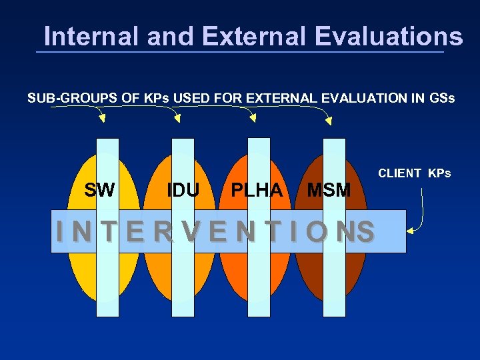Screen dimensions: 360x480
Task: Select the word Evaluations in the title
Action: (x=383, y=36)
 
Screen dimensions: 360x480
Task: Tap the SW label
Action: (x=99, y=190)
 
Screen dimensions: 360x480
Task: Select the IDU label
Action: (x=183, y=190)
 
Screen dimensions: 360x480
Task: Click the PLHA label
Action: (x=256, y=190)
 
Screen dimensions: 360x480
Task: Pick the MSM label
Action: (x=328, y=190)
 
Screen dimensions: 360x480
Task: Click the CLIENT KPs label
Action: (x=414, y=173)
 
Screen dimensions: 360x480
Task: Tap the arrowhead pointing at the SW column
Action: (x=102, y=119)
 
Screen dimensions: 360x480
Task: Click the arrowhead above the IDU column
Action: (x=177, y=119)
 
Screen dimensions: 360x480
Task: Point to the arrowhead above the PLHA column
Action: (x=253, y=119)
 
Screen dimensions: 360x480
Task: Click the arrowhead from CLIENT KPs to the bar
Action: (x=411, y=231)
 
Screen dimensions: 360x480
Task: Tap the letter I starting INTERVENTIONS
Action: (x=61, y=231)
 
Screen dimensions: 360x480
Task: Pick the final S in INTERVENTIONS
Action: (x=365, y=231)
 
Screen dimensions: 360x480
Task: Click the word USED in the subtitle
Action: (x=190, y=99)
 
